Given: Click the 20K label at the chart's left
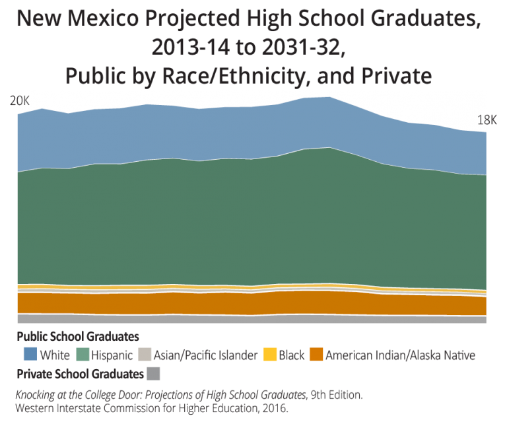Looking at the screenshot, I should click(x=20, y=101).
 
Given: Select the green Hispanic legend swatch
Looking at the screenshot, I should click(x=84, y=355).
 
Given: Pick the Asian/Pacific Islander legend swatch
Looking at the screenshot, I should click(x=145, y=355).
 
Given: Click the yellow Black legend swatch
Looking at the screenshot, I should click(x=269, y=355).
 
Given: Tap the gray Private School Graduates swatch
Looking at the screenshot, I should click(x=153, y=374).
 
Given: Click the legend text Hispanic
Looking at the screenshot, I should click(x=113, y=355).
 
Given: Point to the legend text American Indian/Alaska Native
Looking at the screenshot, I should click(x=400, y=355).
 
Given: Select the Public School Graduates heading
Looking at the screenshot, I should click(x=73, y=336).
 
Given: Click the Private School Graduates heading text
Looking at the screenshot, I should click(x=79, y=374).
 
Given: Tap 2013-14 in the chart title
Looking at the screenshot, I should click(x=187, y=47).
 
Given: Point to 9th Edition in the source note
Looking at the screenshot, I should click(x=337, y=395).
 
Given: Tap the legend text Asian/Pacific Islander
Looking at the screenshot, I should click(x=205, y=355).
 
